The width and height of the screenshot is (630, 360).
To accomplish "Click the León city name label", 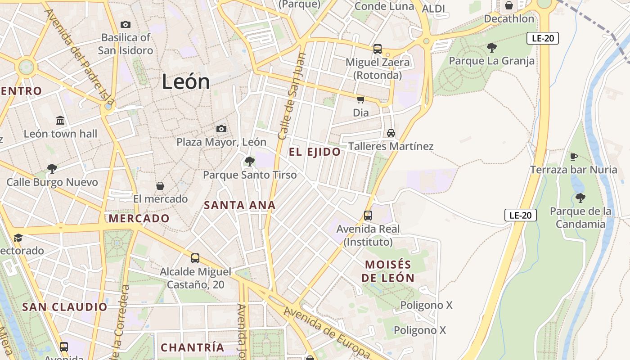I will (x=185, y=82).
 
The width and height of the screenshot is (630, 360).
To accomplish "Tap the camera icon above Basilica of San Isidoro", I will (x=126, y=24).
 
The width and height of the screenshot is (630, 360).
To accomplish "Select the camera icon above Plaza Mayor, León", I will (x=221, y=129).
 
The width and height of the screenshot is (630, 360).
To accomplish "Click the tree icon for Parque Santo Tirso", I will (x=249, y=162).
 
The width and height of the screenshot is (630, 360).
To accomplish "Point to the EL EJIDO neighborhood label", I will (x=315, y=152).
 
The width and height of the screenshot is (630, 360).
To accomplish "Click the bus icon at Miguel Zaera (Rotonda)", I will (x=377, y=49).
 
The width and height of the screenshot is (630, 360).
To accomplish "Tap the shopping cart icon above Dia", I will (x=360, y=99).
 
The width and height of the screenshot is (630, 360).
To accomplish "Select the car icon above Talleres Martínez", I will (x=391, y=133).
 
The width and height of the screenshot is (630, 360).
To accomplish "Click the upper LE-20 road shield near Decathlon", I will (x=542, y=38).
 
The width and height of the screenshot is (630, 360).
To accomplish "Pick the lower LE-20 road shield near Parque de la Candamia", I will (x=520, y=215).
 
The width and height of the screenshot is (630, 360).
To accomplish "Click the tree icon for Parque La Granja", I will (x=491, y=47).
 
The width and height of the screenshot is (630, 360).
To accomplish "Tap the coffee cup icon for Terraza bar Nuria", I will (x=573, y=157).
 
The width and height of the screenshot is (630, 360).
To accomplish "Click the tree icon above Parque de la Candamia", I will (x=580, y=198).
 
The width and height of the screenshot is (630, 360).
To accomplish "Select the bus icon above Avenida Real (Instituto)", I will (x=368, y=216).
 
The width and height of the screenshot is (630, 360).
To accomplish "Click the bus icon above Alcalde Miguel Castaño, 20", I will (x=195, y=258).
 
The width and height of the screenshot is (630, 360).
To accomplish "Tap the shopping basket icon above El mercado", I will (x=160, y=186).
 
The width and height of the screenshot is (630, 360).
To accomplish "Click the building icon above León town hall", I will (x=60, y=121).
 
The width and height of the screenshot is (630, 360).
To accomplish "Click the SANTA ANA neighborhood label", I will (x=239, y=205).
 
